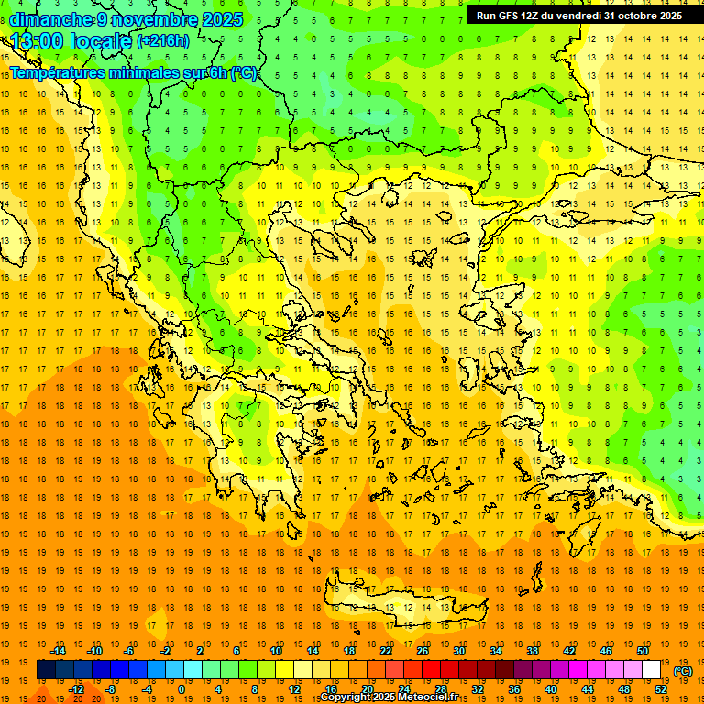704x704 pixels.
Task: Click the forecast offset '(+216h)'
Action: click(x=162, y=41)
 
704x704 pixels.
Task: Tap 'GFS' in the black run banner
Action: click(x=510, y=16)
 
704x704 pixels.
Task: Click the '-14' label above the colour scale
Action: click(x=59, y=651)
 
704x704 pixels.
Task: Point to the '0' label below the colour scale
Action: click(x=181, y=689)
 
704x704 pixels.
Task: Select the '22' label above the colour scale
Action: click(x=386, y=651)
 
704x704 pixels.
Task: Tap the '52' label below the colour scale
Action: click(x=660, y=689)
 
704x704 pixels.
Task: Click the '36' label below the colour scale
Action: click(x=514, y=689)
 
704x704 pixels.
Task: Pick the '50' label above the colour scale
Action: click(x=642, y=651)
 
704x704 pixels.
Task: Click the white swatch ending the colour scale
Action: click(x=651, y=670)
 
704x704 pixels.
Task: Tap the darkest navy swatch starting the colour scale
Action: click(x=46, y=670)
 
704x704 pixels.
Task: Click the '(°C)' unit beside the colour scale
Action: click(x=683, y=671)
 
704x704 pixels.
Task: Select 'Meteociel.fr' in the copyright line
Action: click(x=423, y=698)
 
